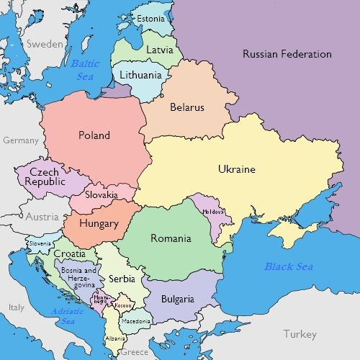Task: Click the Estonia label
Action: (x=150, y=18)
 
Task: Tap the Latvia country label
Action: (x=159, y=50)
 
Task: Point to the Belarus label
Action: (x=187, y=107)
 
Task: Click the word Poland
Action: (x=94, y=135)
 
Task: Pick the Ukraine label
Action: (x=237, y=169)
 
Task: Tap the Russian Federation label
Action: (x=287, y=54)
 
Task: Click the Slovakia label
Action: (x=102, y=194)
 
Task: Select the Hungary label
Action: (x=99, y=223)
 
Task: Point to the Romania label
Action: (x=171, y=238)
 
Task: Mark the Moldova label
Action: (x=214, y=212)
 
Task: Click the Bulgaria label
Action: (x=177, y=299)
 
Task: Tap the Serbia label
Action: (x=122, y=279)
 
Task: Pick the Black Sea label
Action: (x=289, y=266)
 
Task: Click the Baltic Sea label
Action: (x=86, y=69)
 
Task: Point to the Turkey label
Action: (x=300, y=334)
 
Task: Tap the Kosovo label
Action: (x=123, y=307)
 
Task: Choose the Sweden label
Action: (x=45, y=44)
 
